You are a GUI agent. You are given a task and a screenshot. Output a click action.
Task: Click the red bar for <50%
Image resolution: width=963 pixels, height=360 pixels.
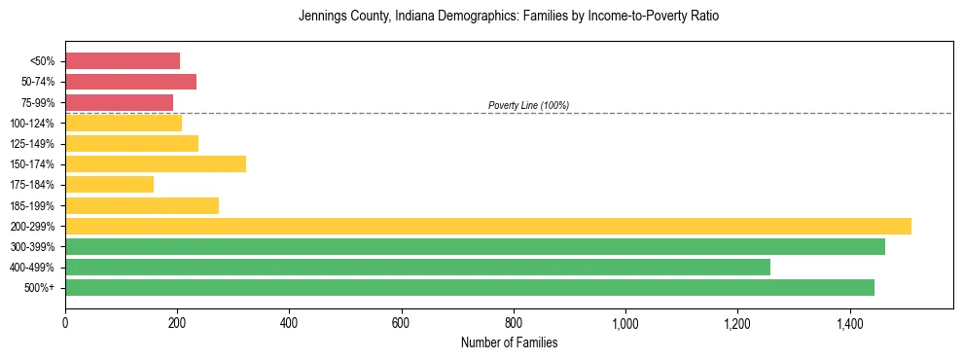point(123,61)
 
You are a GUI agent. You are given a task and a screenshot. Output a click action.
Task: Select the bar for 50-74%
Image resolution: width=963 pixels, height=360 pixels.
point(130,82)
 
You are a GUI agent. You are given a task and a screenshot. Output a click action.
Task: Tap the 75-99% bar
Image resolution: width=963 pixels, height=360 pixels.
point(119,102)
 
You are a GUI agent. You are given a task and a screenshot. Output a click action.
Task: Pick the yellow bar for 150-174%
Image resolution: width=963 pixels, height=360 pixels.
point(156,164)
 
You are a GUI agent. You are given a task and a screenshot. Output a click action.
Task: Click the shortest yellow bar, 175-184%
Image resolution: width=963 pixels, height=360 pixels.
point(109,185)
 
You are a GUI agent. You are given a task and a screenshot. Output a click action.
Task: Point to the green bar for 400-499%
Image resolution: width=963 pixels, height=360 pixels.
point(417,268)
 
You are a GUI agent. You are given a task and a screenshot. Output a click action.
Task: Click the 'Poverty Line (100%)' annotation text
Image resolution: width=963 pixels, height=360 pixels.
point(528,105)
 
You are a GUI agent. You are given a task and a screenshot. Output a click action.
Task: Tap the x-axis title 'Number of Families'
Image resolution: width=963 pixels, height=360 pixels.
point(509,343)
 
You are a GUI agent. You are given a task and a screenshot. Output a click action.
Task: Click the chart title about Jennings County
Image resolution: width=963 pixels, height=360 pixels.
point(509,18)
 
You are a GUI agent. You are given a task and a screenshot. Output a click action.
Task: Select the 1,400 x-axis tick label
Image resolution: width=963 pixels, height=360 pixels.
point(850,323)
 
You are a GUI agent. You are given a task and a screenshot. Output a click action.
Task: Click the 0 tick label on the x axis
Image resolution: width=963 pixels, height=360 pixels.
point(65,323)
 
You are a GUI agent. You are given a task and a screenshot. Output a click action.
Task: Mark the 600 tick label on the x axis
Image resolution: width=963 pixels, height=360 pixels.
point(402,323)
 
